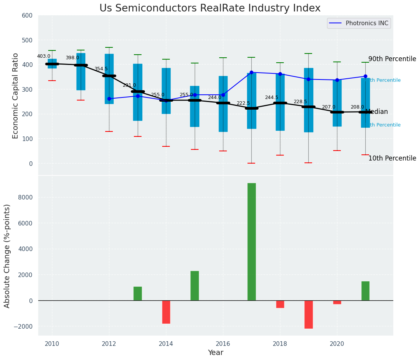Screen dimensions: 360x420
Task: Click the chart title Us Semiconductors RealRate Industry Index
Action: click(210, 8)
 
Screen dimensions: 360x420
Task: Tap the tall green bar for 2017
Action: click(251, 242)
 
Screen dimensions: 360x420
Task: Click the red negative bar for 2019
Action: click(308, 314)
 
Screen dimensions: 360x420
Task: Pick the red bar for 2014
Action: click(166, 312)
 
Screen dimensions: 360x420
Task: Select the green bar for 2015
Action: click(194, 285)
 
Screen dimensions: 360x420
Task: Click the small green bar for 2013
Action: click(138, 294)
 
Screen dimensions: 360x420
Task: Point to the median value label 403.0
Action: click(44, 56)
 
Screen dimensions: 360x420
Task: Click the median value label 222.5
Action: click(243, 103)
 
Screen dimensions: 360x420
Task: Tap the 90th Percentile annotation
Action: click(392, 59)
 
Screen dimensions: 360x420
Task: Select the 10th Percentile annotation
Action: click(392, 158)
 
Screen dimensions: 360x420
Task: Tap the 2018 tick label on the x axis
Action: click(280, 344)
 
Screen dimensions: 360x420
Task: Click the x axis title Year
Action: click(215, 353)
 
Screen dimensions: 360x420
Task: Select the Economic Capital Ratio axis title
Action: click(16, 96)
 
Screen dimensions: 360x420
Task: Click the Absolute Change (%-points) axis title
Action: click(7, 256)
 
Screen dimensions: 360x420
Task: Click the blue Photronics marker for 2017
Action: click(251, 72)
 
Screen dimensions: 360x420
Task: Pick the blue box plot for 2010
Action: click(52, 63)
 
